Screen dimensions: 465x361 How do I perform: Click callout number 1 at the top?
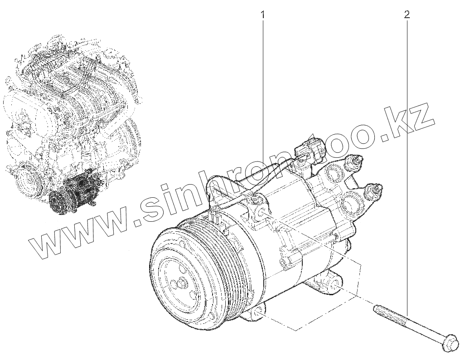click(x=262, y=14)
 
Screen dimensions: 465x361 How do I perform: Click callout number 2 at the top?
click(x=407, y=14)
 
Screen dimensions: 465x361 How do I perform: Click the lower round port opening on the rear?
click(x=353, y=203)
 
